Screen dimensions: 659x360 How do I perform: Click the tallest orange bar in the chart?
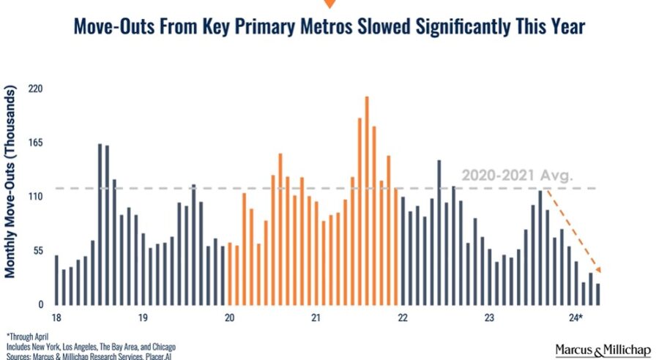[367, 200]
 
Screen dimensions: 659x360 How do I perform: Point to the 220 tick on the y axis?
[36, 89]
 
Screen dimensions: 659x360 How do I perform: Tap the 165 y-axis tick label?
[36, 143]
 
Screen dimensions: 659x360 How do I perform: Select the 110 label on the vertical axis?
[36, 197]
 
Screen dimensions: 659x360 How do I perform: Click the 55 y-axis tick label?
[38, 251]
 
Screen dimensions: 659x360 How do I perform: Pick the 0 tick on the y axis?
[41, 304]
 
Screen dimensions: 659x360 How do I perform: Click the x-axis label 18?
[56, 318]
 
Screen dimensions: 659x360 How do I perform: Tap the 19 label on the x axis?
[143, 318]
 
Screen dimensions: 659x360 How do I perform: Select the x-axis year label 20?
[229, 318]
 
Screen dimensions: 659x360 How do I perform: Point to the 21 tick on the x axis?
[316, 318]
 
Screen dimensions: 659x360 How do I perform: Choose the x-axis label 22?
[403, 318]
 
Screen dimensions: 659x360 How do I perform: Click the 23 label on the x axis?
[489, 318]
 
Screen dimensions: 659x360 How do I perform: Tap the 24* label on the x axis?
[576, 318]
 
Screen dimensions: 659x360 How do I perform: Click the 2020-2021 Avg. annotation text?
[518, 175]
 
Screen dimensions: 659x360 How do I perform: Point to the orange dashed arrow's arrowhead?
[598, 270]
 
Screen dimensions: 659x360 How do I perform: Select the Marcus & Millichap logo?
[603, 350]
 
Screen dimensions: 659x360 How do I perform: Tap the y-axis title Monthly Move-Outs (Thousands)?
[10, 181]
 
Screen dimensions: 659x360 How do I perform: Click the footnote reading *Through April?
[27, 337]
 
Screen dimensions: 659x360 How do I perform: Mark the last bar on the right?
[598, 294]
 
